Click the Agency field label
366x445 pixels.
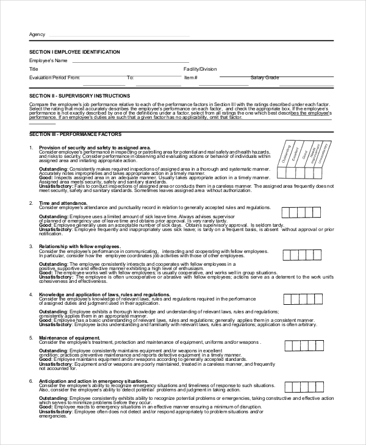tap(37, 34)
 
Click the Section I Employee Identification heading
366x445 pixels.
tap(74, 52)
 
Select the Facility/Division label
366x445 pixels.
tap(200, 69)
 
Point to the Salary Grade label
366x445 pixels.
tap(265, 78)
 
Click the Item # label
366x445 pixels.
tap(191, 78)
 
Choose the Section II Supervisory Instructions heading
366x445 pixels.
tap(79, 96)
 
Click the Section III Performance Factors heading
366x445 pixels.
tap(74, 134)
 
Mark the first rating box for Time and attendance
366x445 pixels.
tap(287, 212)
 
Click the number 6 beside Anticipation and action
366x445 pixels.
tap(30, 381)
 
